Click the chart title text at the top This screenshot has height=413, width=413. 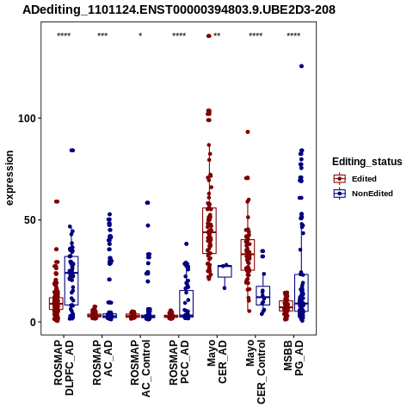pyautogui.click(x=179, y=10)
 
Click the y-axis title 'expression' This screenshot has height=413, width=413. pyautogui.click(x=9, y=178)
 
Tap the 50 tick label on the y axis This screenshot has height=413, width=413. pyautogui.click(x=29, y=220)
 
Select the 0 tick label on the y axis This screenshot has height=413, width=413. pyautogui.click(x=32, y=322)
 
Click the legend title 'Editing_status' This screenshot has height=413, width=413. pyautogui.click(x=367, y=162)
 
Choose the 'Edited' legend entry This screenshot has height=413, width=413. pyautogui.click(x=355, y=179)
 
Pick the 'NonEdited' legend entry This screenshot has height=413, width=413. pyautogui.click(x=363, y=194)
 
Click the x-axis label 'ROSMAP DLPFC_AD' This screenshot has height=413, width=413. pyautogui.click(x=64, y=367)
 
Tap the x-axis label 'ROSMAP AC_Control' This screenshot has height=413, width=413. pyautogui.click(x=140, y=368)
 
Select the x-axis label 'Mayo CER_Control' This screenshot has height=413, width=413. pyautogui.click(x=256, y=372)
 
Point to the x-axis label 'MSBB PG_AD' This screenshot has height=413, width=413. pyautogui.click(x=293, y=358)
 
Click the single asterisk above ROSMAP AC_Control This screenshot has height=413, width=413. pyautogui.click(x=140, y=35)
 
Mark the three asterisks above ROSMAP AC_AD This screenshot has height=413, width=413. pyautogui.click(x=102, y=35)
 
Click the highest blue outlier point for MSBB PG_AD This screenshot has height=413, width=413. pyautogui.click(x=301, y=66)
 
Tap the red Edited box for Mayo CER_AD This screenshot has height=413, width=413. pyautogui.click(x=209, y=231)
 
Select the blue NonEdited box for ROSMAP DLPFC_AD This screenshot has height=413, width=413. pyautogui.click(x=71, y=280)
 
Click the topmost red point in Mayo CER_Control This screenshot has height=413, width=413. pyautogui.click(x=248, y=132)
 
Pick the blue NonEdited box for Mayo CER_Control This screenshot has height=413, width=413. pyautogui.click(x=263, y=295)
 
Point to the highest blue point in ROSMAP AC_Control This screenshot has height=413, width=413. pyautogui.click(x=147, y=203)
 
